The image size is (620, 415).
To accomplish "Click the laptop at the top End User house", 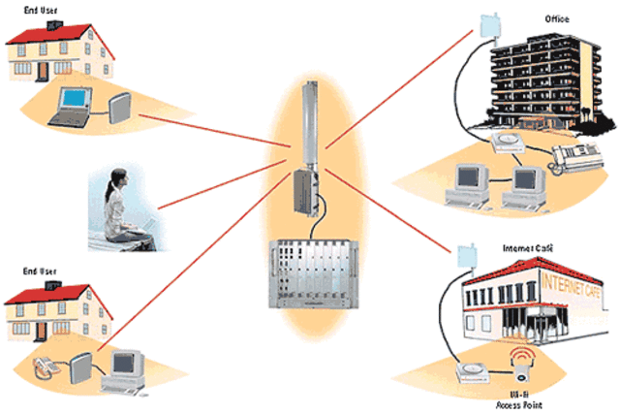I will tap(73, 104).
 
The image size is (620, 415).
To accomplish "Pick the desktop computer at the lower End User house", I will tap(126, 367).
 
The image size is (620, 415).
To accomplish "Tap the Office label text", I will tap(557, 18).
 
